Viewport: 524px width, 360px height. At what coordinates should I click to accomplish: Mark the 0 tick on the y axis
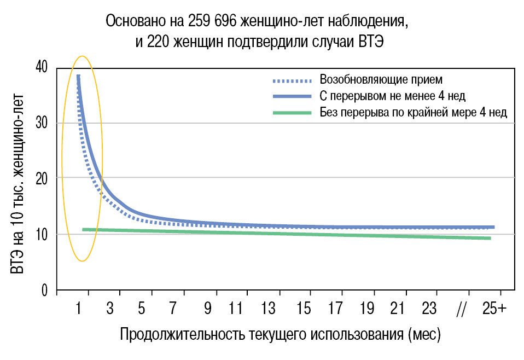pos(45,290)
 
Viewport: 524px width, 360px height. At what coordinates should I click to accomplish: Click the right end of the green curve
pos(490,238)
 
